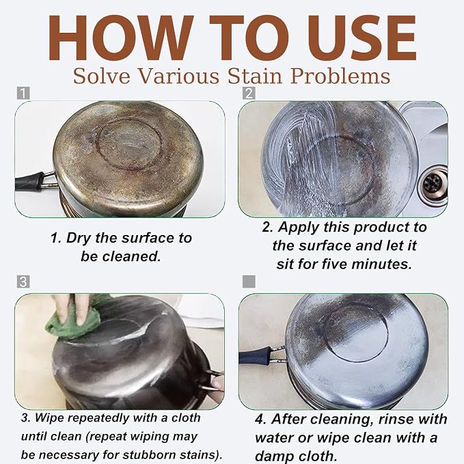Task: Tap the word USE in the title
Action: tap(361, 38)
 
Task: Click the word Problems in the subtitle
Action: tap(340, 76)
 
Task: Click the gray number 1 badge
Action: tap(23, 93)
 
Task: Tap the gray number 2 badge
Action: tap(249, 93)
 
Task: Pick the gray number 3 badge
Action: tap(23, 282)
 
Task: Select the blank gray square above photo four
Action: tap(249, 282)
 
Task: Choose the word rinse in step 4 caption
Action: tap(396, 419)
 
